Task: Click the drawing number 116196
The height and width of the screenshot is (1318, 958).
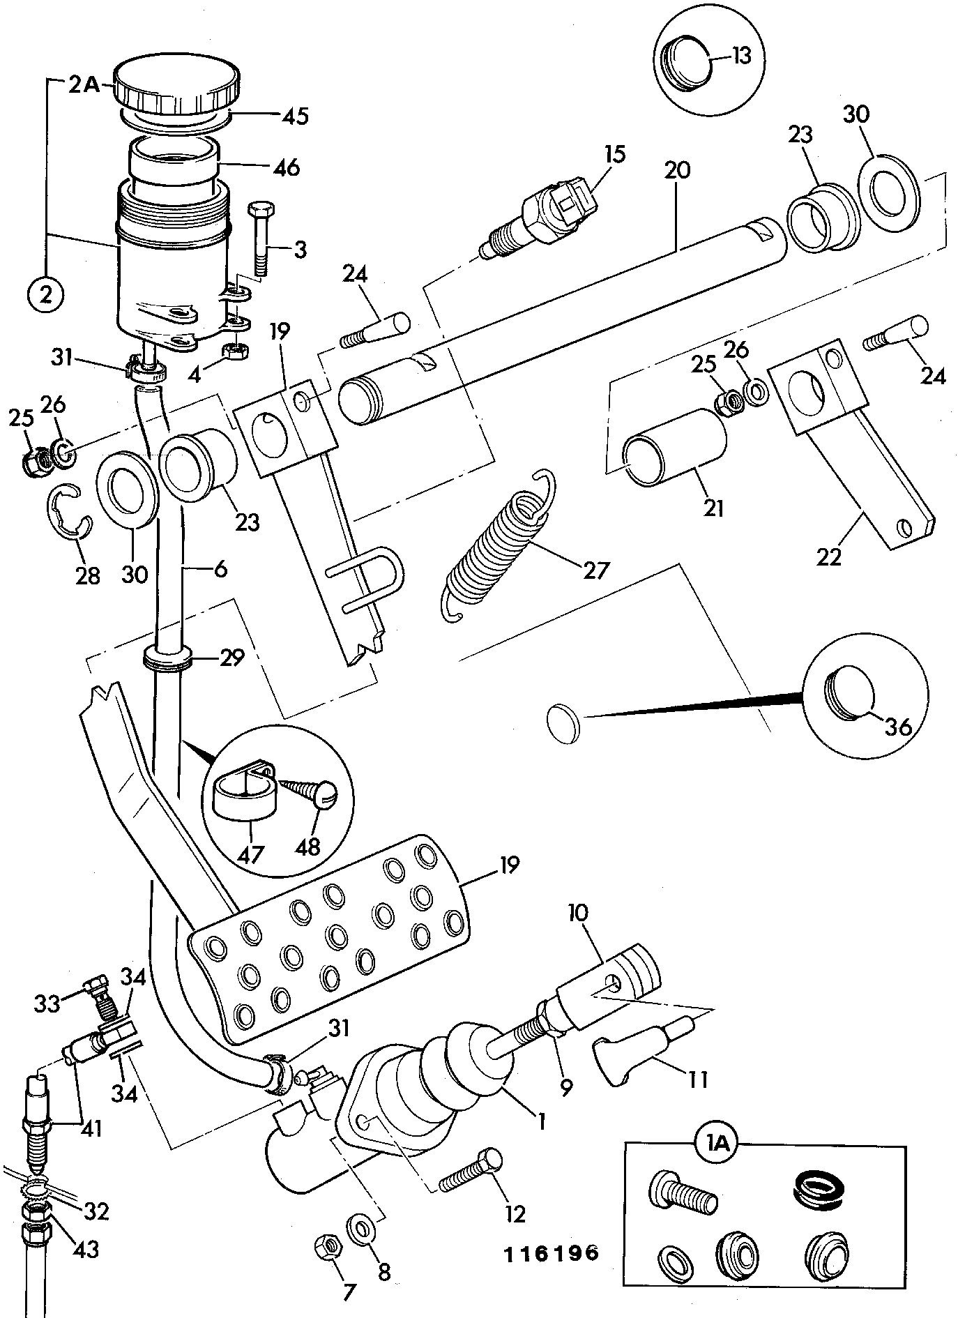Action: click(x=552, y=1253)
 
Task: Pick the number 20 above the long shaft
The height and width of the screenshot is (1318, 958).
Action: click(x=677, y=170)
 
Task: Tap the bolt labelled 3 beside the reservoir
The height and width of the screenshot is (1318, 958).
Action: click(x=261, y=238)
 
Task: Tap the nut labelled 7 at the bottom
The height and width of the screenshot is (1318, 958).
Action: click(x=328, y=1245)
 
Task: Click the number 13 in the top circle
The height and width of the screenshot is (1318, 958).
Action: click(x=740, y=54)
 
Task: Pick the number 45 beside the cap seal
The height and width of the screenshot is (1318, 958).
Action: click(x=295, y=115)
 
